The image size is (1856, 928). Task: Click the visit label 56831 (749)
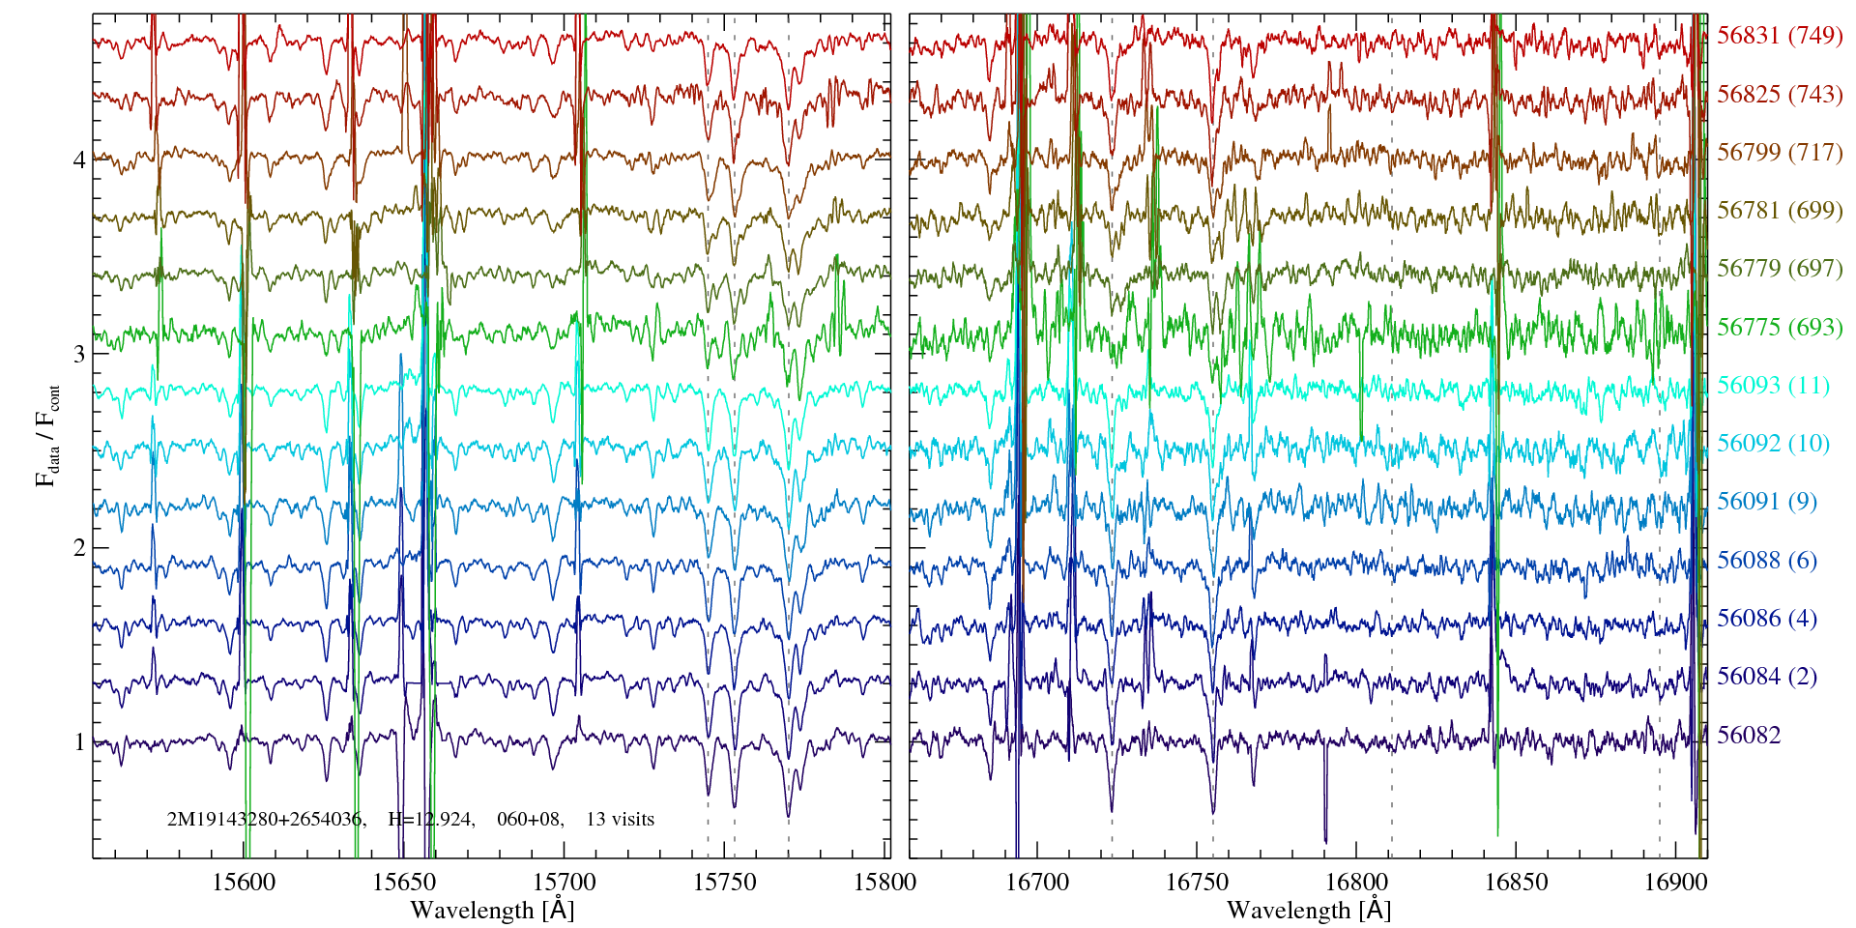pyautogui.click(x=1779, y=36)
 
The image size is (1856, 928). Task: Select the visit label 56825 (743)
pyautogui.click(x=1779, y=94)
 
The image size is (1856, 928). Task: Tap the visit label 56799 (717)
pyautogui.click(x=1779, y=152)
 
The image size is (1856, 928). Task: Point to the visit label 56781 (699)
pyautogui.click(x=1779, y=210)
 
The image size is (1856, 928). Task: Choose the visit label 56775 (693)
pyautogui.click(x=1779, y=327)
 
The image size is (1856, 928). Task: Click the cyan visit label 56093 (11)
pyautogui.click(x=1773, y=386)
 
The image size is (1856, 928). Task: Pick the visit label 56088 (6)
pyautogui.click(x=1766, y=560)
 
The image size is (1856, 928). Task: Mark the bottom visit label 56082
pyautogui.click(x=1748, y=735)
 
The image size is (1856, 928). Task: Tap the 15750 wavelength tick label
pyautogui.click(x=728, y=882)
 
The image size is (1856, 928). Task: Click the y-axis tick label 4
pyautogui.click(x=79, y=159)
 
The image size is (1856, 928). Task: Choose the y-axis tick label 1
pyautogui.click(x=79, y=742)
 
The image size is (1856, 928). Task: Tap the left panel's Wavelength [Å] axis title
pyautogui.click(x=492, y=910)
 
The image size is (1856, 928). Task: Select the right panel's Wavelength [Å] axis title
pyautogui.click(x=1308, y=910)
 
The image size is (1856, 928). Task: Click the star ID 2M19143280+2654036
pyautogui.click(x=265, y=820)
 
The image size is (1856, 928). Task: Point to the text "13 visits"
pyautogui.click(x=620, y=820)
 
